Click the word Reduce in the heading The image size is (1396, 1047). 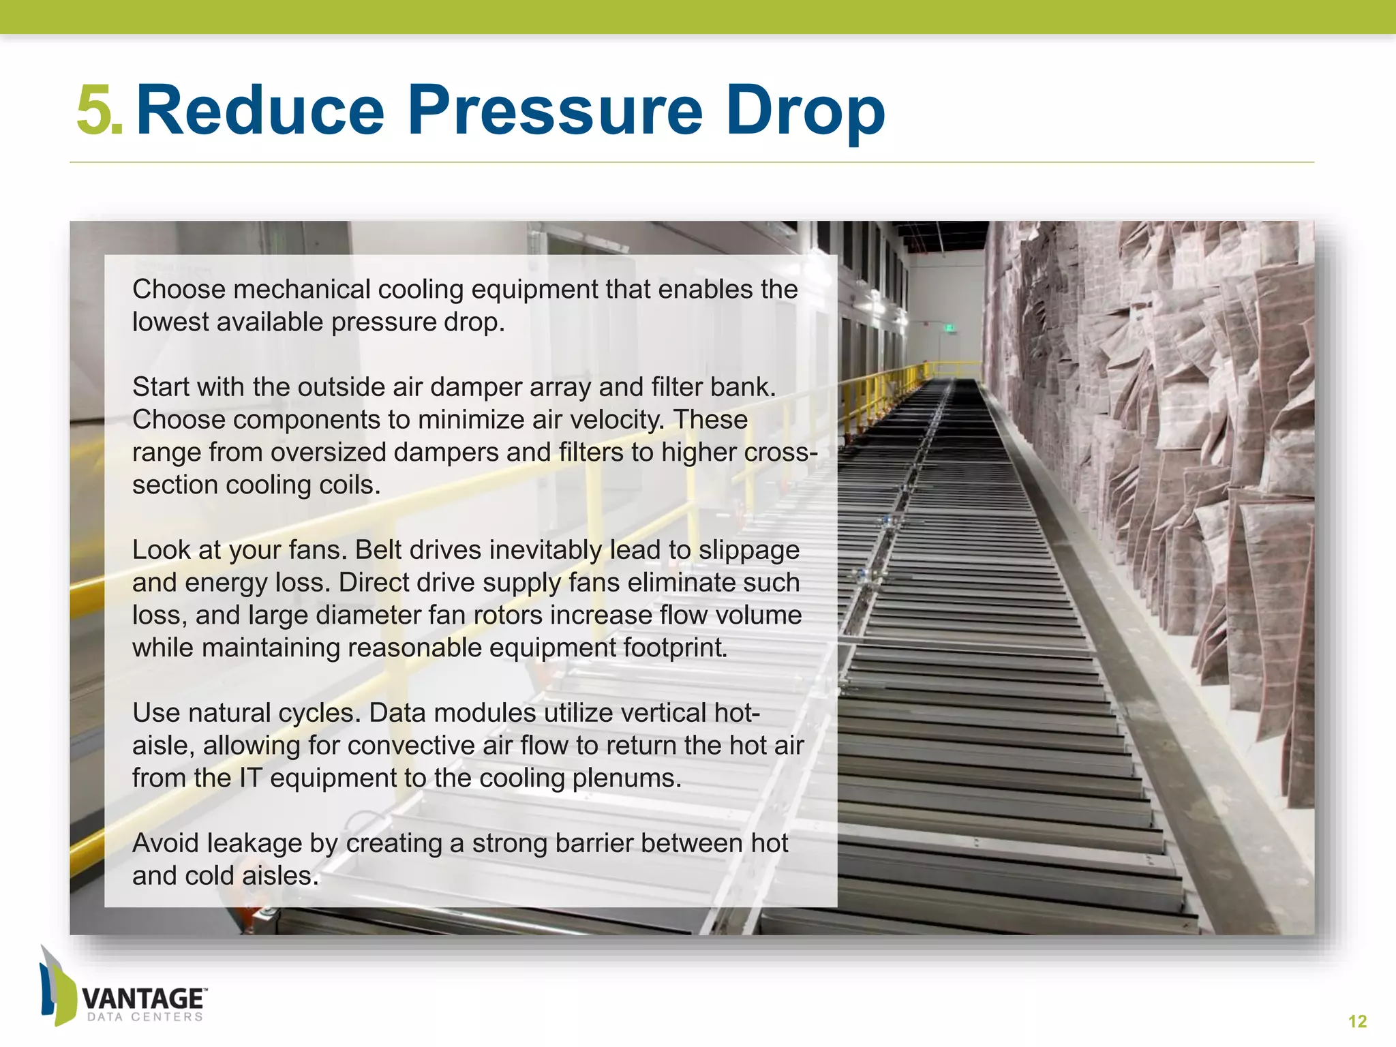[260, 110]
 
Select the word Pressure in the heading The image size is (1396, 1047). [555, 110]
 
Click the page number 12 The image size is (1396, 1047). [1357, 1021]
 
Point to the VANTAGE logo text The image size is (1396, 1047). [143, 999]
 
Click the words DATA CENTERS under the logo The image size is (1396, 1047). [145, 1017]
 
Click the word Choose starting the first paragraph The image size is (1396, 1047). [179, 290]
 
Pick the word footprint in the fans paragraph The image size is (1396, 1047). [675, 648]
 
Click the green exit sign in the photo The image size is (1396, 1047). [946, 329]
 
